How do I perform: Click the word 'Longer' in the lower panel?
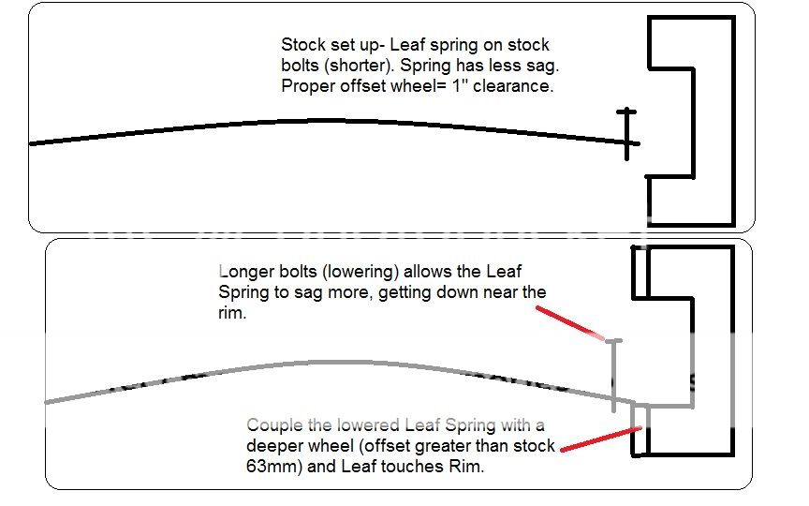pyautogui.click(x=243, y=271)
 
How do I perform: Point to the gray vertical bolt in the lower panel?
pyautogui.click(x=614, y=375)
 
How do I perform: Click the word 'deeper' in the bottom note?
pyautogui.click(x=274, y=445)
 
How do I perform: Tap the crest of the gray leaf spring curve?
pyautogui.click(x=309, y=362)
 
